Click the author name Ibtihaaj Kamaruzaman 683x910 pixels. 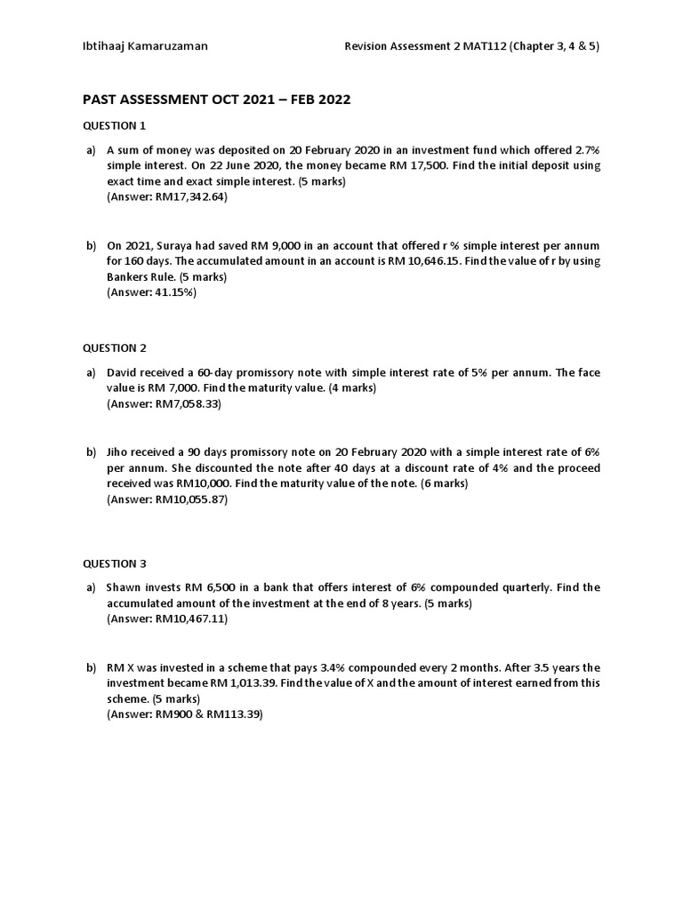(x=145, y=46)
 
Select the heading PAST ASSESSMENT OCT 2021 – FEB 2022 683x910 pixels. (x=217, y=100)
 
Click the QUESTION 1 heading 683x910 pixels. (x=115, y=125)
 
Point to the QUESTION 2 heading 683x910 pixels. (x=115, y=347)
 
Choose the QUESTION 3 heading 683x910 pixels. (x=115, y=563)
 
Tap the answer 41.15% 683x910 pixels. (x=173, y=291)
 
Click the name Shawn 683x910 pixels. (x=125, y=587)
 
